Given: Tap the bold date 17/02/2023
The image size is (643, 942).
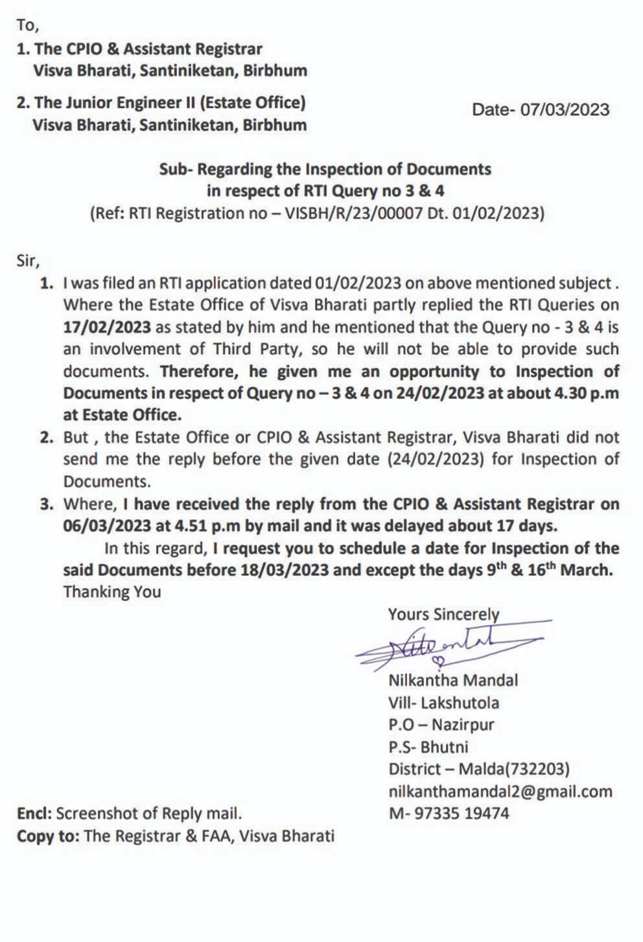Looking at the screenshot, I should [107, 326].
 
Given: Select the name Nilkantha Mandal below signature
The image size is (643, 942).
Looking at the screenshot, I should [453, 680].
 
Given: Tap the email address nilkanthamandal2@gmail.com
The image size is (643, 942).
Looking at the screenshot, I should [500, 791].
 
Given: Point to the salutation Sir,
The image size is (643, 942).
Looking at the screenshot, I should [29, 262].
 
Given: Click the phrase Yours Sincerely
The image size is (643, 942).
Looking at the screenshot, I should [443, 614].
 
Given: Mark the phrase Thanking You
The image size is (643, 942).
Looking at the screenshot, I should [111, 591].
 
